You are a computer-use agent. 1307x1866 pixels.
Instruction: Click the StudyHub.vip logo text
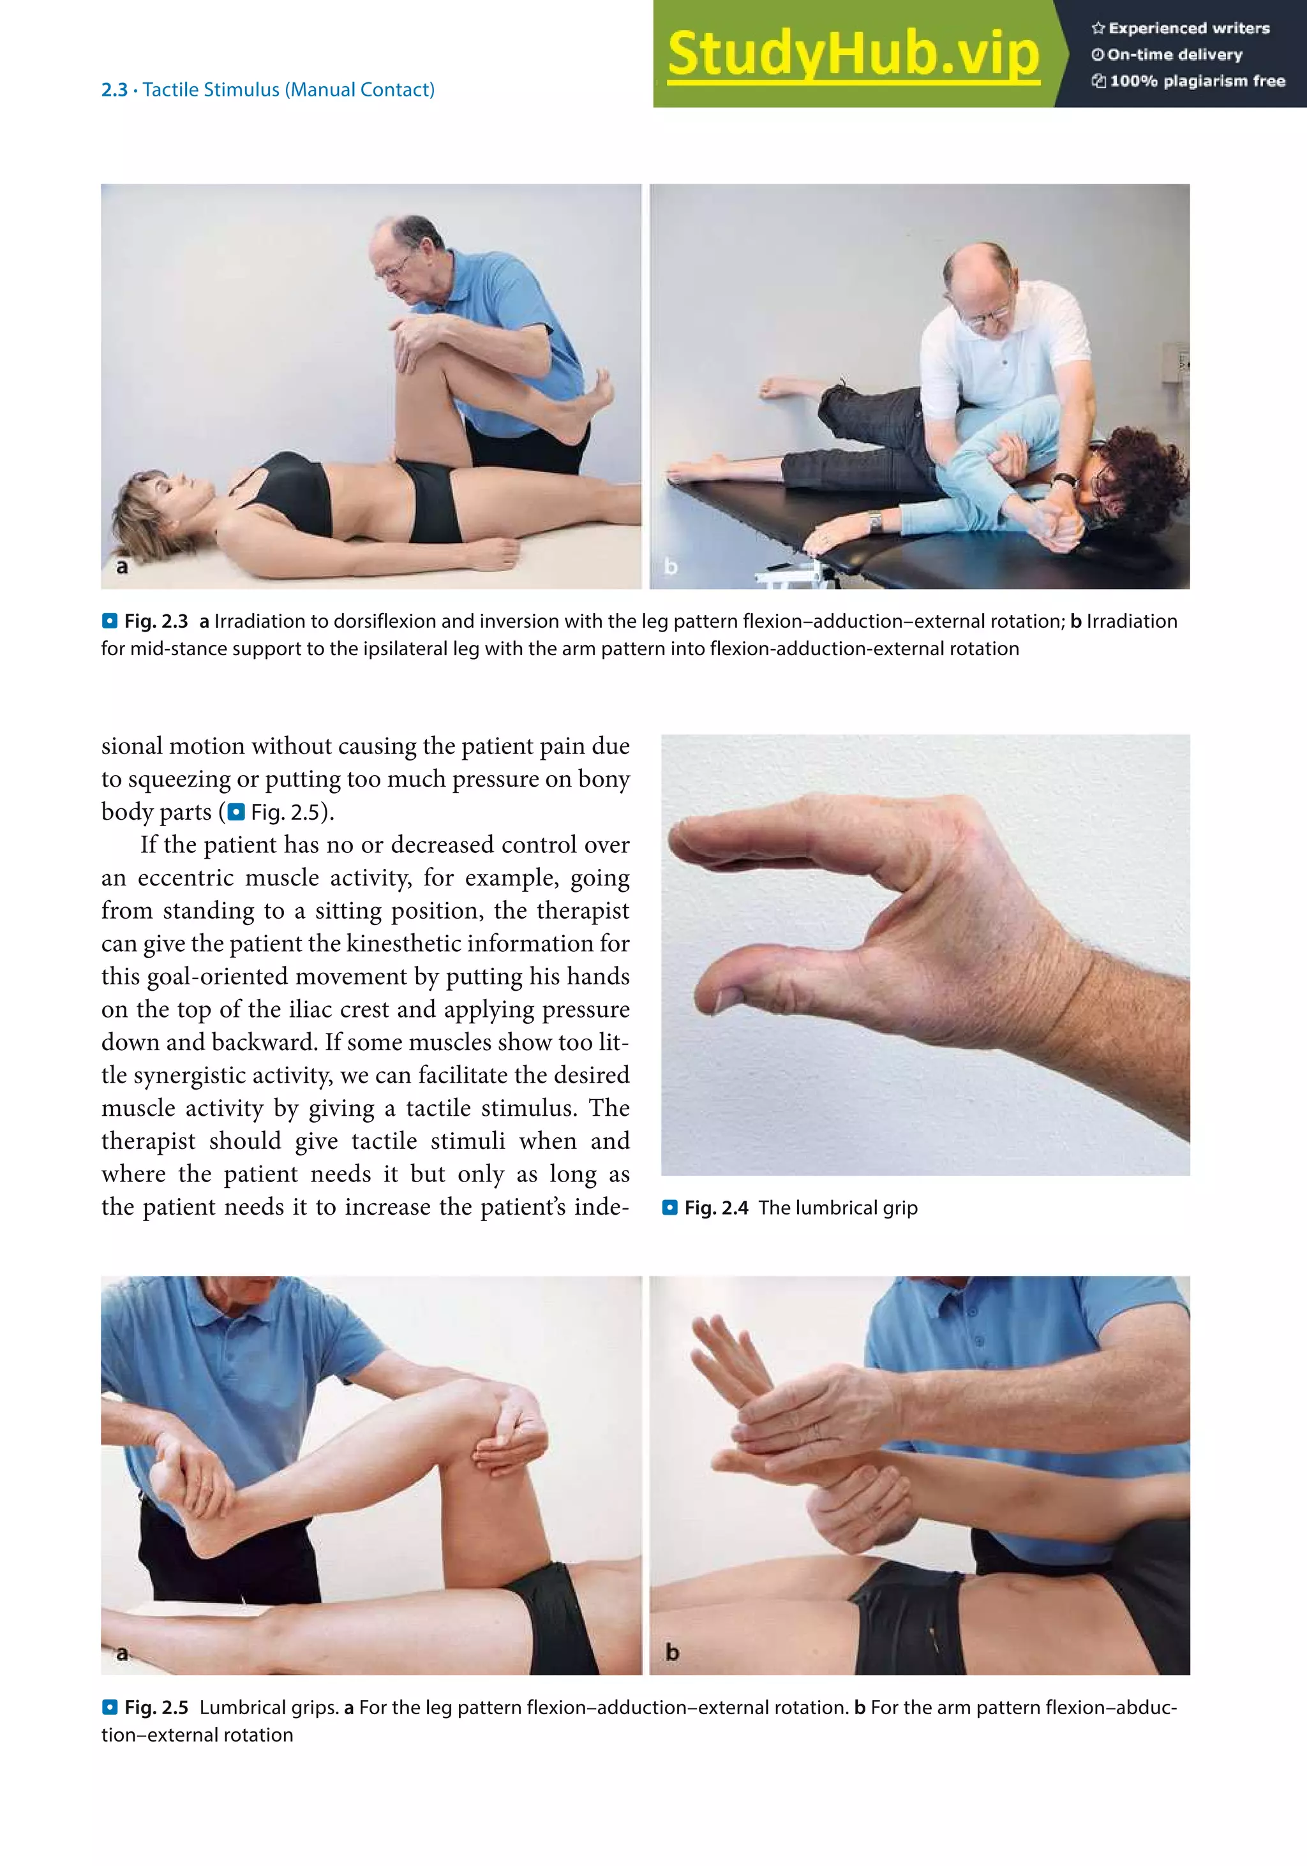853,54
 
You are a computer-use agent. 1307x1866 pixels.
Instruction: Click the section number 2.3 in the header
114,89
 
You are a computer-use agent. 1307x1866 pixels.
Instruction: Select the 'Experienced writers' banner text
1189,29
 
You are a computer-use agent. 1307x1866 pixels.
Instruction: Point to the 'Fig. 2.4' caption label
716,1208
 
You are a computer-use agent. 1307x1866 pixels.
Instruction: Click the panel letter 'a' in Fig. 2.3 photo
122,566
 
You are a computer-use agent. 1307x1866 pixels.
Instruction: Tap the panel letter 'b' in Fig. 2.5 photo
672,1652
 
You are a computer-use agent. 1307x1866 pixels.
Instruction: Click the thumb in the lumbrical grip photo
780,975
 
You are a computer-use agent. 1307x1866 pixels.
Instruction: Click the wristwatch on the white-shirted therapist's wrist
1064,481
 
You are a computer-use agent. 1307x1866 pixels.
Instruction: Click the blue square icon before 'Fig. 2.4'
669,1208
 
